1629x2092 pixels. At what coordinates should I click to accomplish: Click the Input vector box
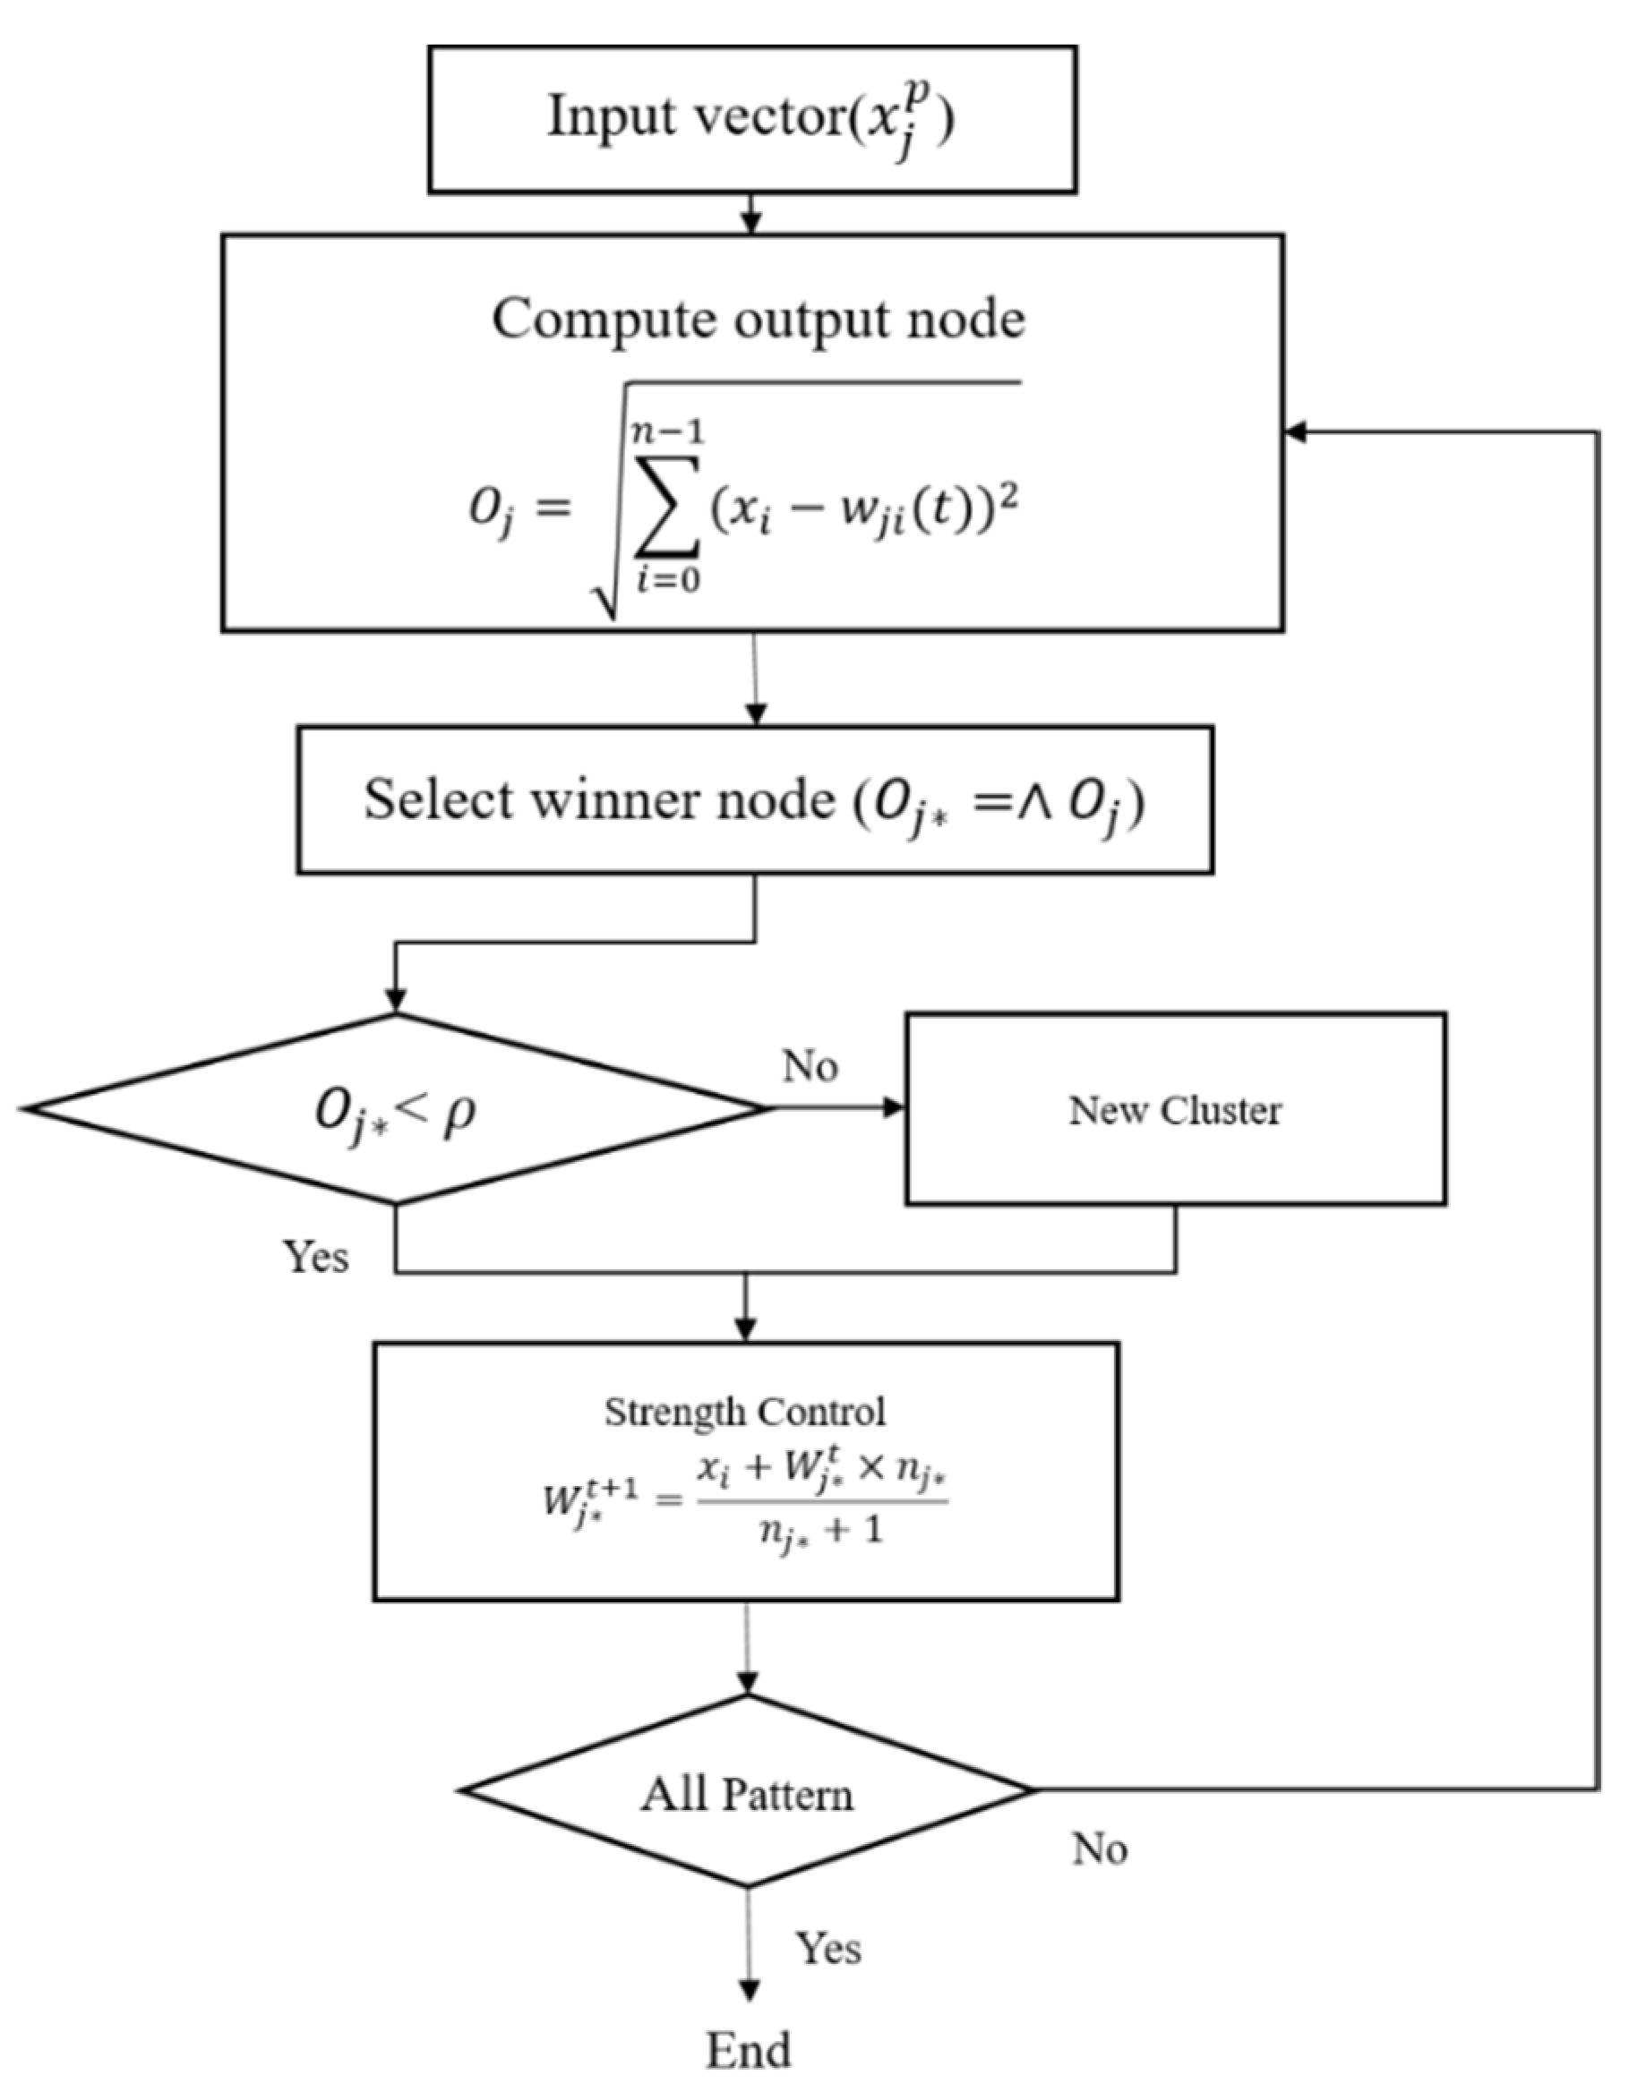(752, 120)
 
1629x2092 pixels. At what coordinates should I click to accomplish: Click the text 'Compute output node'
(758, 320)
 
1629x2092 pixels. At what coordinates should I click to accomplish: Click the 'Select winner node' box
(754, 799)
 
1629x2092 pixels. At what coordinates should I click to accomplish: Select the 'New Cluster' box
(1175, 1109)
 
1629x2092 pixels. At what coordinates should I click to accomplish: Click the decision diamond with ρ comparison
(395, 1109)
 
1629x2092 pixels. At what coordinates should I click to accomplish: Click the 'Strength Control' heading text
(744, 1413)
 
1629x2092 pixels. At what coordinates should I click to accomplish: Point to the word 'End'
(749, 2050)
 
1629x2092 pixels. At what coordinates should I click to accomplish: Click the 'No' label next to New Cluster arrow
(810, 1066)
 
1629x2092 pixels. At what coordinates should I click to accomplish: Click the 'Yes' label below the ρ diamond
(315, 1256)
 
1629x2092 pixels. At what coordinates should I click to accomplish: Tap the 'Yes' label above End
(827, 1948)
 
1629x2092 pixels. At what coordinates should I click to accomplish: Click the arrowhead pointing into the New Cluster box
(893, 1108)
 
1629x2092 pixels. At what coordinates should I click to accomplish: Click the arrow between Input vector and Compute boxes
(751, 215)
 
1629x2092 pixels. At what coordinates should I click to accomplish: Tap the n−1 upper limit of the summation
(667, 432)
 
